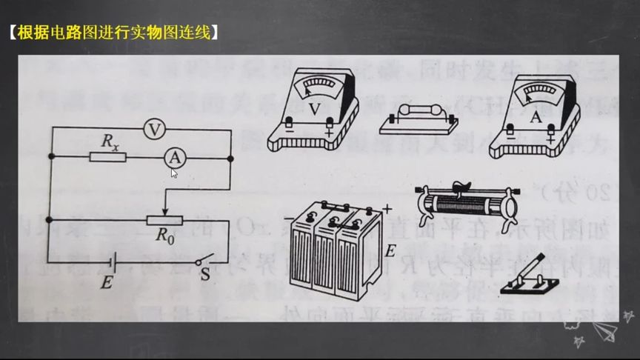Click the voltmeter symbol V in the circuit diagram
[x=153, y=129]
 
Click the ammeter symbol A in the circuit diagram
[x=173, y=157]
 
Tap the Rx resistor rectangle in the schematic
[x=107, y=157]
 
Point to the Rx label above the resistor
[x=110, y=141]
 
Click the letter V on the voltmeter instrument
[x=315, y=108]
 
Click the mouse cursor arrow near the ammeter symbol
[x=173, y=173]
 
